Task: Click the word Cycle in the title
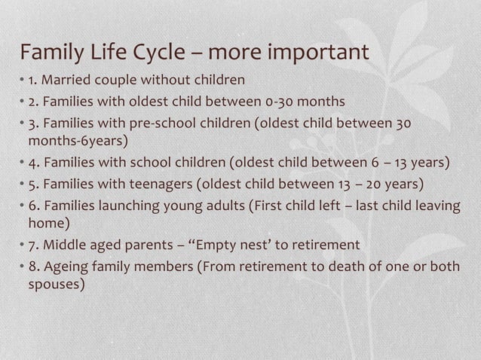pos(160,53)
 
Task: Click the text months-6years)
pos(78,141)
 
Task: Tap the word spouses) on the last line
pos(57,285)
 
